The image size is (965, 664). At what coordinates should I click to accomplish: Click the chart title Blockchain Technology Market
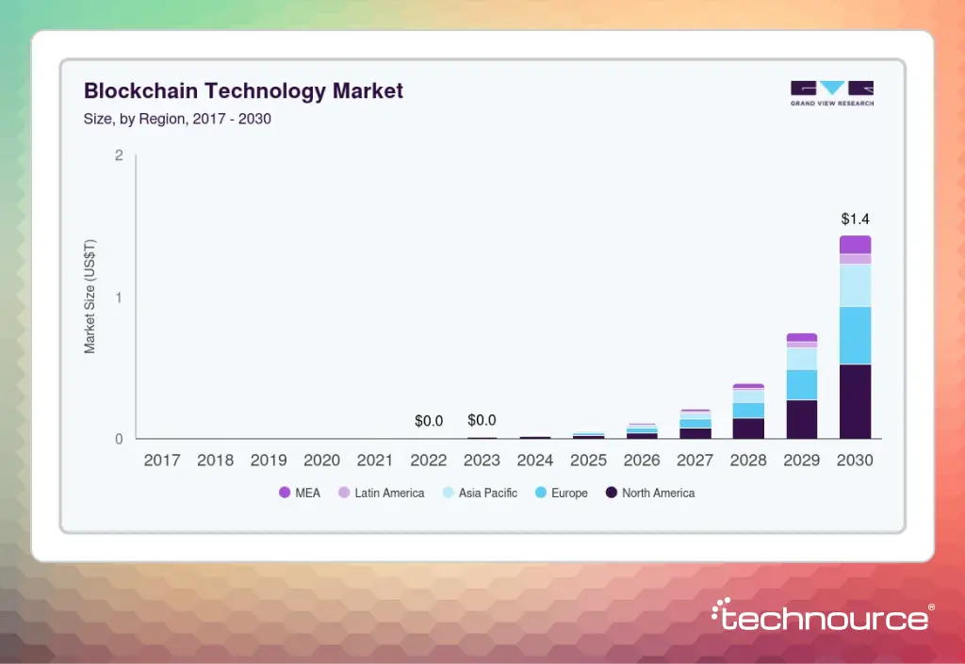[x=243, y=91]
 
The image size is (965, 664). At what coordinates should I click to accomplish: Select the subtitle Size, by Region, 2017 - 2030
[x=177, y=120]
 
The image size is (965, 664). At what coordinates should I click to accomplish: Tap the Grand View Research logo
[x=831, y=93]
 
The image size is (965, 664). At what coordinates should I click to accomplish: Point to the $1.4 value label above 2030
[x=855, y=219]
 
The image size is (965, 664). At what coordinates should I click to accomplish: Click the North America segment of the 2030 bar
[x=855, y=401]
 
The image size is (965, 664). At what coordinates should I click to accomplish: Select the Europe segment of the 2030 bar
[x=855, y=335]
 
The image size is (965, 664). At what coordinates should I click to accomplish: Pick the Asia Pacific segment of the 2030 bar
[x=855, y=285]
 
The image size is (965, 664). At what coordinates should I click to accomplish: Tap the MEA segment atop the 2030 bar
[x=855, y=245]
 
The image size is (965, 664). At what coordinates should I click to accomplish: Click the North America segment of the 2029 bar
[x=802, y=419]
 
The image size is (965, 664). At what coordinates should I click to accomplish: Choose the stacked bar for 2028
[x=748, y=412]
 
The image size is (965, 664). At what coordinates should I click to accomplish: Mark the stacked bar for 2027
[x=695, y=425]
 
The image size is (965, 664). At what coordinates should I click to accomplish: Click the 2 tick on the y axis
[x=119, y=155]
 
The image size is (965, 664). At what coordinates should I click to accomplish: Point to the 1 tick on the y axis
[x=119, y=298]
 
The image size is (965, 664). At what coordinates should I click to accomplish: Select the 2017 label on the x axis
[x=162, y=462]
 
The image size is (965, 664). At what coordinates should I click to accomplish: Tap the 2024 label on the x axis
[x=535, y=462]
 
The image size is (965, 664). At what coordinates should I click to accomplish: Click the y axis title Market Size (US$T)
[x=90, y=296]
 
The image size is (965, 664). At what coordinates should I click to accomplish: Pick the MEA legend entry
[x=301, y=493]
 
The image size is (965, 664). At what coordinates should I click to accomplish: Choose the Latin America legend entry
[x=381, y=493]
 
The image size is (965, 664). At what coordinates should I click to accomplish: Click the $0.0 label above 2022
[x=429, y=421]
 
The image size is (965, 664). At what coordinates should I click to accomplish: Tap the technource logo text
[x=820, y=618]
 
